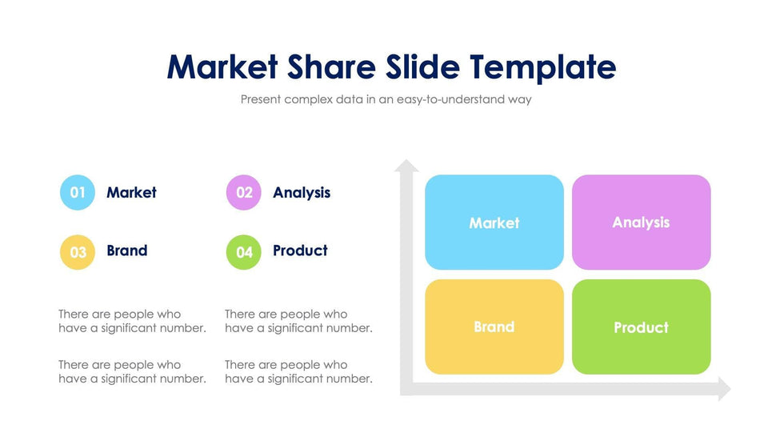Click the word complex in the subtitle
pos(309,100)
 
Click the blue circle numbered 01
pos(78,193)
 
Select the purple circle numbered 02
pos(244,193)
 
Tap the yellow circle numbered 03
pos(78,252)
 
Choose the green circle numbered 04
pos(244,252)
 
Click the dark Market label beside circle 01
pos(131,193)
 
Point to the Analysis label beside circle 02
pos(302,193)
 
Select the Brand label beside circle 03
pos(127,251)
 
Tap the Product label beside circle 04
pos(300,251)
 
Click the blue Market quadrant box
pos(494,223)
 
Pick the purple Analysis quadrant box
pos(641,223)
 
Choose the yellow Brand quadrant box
pos(494,327)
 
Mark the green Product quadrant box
pos(641,327)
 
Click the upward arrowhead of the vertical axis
pos(406,166)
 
